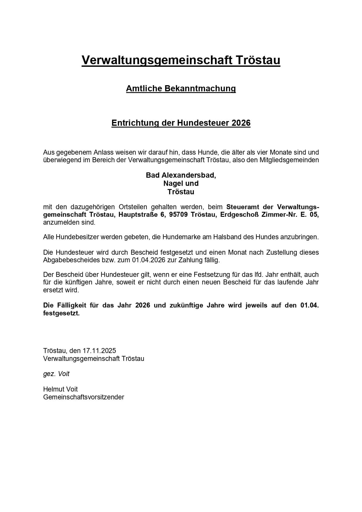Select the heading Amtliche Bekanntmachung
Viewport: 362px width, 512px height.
181,88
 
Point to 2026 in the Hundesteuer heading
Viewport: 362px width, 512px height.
241,123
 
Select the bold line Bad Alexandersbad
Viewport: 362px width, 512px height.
181,175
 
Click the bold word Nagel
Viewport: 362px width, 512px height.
172,184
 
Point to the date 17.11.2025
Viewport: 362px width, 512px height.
99,350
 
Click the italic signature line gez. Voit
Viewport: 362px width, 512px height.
56,374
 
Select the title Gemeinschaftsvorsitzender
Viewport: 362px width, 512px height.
84,397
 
